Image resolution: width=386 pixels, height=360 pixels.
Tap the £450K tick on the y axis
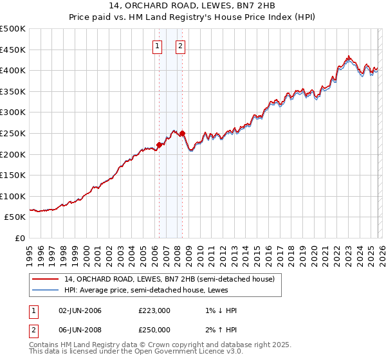(x=13, y=50)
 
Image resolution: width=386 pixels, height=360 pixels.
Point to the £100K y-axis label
(x=13, y=196)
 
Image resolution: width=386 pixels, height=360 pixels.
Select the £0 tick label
(x=19, y=238)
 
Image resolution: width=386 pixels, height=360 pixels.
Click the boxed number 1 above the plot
(x=158, y=46)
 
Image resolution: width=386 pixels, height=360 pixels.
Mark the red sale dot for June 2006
(x=159, y=145)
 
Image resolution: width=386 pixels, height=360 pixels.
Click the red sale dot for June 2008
(x=182, y=134)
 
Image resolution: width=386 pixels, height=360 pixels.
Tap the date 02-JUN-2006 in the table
(x=80, y=311)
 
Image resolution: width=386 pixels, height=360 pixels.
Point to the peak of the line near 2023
(x=347, y=57)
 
